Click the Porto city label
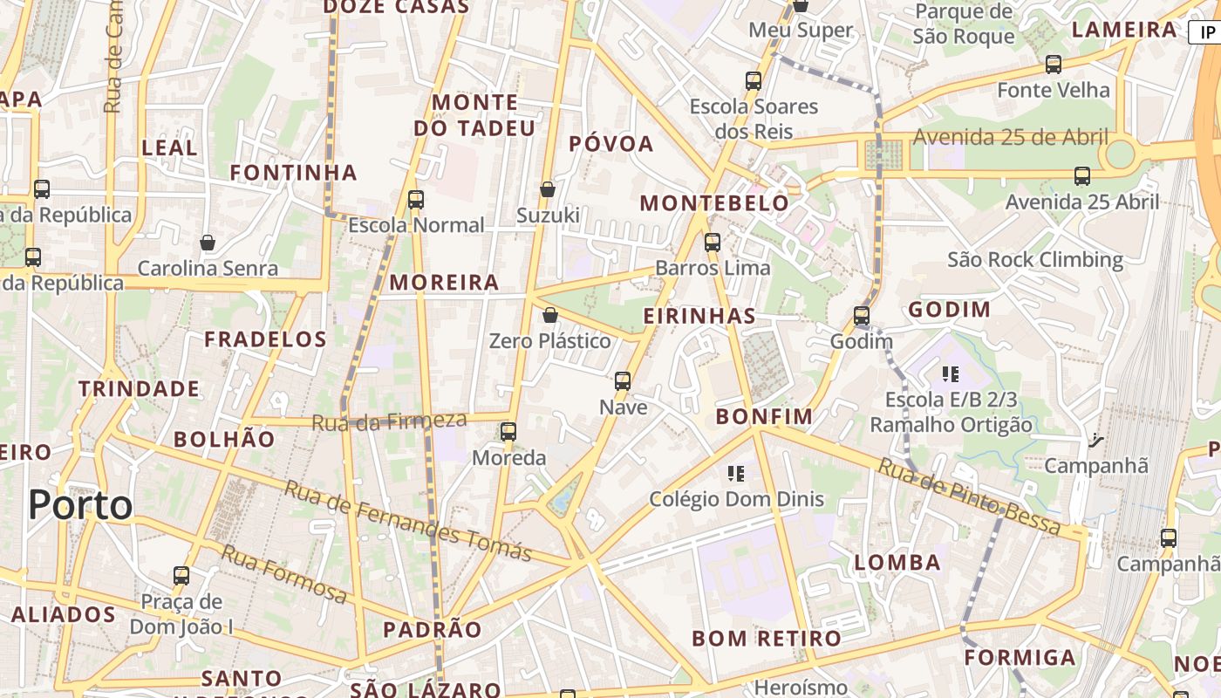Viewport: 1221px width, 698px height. [80, 505]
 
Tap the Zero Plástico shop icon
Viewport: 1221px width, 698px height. [550, 315]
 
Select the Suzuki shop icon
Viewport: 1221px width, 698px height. [548, 189]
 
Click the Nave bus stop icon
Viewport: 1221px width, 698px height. [623, 380]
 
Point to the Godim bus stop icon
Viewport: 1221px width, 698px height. [862, 316]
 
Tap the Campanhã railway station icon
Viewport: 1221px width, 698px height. [1096, 441]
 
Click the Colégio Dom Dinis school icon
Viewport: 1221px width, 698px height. [736, 474]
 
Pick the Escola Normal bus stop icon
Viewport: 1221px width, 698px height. [416, 200]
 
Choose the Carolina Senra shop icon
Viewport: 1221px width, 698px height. [208, 243]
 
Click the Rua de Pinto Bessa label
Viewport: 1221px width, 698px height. [969, 496]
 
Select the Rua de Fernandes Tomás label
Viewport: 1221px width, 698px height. [408, 520]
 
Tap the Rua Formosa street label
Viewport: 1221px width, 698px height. [284, 573]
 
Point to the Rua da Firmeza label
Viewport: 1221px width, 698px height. [389, 421]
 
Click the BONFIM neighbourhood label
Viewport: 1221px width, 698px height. [764, 416]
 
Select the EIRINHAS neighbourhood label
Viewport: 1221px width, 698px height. [699, 316]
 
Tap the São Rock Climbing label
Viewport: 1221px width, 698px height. [1035, 259]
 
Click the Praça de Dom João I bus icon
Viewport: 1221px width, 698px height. [181, 576]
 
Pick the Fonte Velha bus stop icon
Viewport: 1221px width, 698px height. [1054, 65]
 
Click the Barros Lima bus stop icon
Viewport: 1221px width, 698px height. [713, 243]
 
